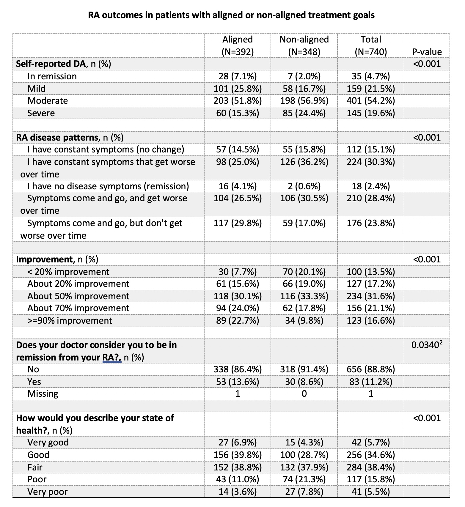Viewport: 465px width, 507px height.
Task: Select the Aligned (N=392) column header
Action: [x=238, y=45]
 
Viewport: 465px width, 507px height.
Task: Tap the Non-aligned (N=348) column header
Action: [x=304, y=45]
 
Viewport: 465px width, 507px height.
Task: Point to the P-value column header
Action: [x=427, y=52]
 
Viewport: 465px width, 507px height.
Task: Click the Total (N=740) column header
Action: [x=371, y=45]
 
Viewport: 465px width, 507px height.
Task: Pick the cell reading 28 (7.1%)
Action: [x=238, y=76]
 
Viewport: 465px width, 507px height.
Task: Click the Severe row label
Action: [x=41, y=113]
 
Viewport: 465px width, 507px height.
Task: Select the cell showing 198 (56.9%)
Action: [x=304, y=100]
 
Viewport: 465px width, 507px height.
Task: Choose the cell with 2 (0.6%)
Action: [x=304, y=186]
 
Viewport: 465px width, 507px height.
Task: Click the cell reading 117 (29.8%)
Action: [x=238, y=223]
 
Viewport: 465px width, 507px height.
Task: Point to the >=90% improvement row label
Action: [x=70, y=320]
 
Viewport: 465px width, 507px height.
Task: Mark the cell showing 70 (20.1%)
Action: [x=304, y=272]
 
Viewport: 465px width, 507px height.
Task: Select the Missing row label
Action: [x=43, y=393]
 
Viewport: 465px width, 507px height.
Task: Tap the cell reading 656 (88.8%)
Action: [x=371, y=369]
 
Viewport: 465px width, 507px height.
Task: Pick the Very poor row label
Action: [x=48, y=492]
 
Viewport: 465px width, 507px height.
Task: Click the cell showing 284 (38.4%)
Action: [x=371, y=467]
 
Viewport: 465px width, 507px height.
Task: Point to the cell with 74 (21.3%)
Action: [x=304, y=479]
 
